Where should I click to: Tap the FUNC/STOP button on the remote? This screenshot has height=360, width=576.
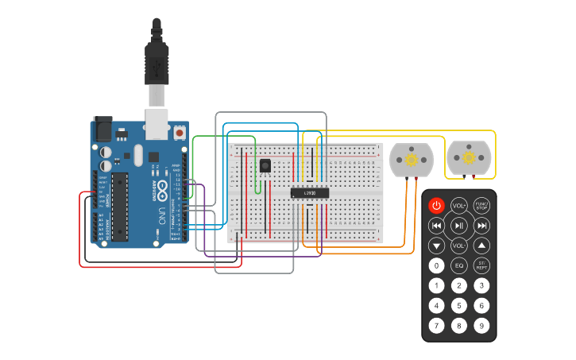[x=481, y=206]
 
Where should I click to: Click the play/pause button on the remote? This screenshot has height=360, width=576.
[x=459, y=226]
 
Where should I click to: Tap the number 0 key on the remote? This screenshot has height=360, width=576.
[x=436, y=265]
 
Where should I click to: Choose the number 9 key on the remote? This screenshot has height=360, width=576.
[x=481, y=325]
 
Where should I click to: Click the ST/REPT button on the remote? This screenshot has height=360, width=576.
[x=481, y=265]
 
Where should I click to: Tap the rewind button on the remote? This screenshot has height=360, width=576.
[x=436, y=226]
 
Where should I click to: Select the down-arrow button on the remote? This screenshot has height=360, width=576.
[x=436, y=246]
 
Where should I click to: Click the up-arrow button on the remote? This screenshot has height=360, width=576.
[x=481, y=246]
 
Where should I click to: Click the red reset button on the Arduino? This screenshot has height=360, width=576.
[x=180, y=133]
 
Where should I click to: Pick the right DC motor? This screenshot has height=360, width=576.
[x=470, y=158]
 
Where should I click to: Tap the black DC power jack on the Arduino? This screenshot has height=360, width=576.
[x=102, y=128]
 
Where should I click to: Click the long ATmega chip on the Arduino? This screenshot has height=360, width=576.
[x=119, y=207]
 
